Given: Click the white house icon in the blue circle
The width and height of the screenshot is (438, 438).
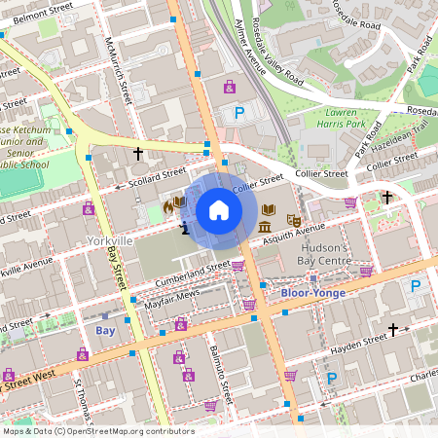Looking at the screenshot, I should coord(218,209).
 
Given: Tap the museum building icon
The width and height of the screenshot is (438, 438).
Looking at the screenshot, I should coord(266,228).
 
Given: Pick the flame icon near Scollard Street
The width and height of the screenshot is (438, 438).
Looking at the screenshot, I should coord(168,205).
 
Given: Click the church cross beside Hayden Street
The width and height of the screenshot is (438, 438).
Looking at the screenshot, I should coord(393,331).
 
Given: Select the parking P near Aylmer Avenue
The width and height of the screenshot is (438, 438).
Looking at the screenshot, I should coord(238,114).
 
